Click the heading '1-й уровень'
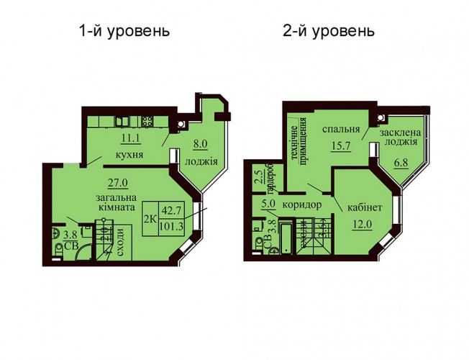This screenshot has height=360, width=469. coord(124,31)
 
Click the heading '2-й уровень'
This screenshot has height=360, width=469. coord(329,31)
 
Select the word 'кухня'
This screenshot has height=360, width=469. coord(129,155)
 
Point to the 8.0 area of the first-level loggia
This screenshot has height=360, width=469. coord(200,144)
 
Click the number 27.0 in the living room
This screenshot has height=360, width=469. coord(118,182)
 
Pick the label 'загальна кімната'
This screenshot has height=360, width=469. coord(116,202)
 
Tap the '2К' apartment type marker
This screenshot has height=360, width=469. coord(150,220)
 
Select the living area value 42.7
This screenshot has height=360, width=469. coord(171,210)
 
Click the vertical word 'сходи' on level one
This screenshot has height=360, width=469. coord(121,243)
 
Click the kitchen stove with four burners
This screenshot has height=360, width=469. coord(147,122)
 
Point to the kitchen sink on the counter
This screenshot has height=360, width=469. coord(122,121)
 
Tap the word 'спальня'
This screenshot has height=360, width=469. coord(341,130)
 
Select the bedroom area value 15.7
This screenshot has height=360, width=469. coord(340,146)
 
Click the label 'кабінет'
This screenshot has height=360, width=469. coord(365,207)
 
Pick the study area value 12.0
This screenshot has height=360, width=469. coord(363,224)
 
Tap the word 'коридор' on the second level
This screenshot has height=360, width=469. coord(302,205)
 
